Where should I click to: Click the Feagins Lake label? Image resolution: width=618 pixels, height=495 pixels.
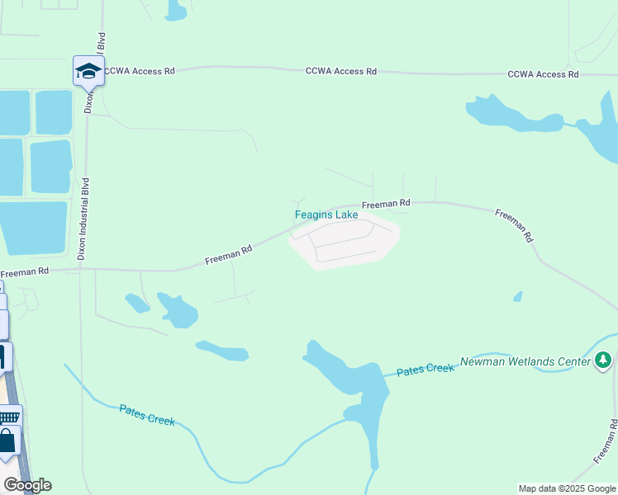coord(326,215)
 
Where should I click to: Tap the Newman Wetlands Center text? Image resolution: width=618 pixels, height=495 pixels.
coord(525,361)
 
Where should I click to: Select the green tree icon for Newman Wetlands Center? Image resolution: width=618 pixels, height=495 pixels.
coord(604,361)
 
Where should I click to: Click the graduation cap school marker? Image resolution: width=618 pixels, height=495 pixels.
coord(88,72)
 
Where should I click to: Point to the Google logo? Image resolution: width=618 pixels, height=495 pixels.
coord(27,485)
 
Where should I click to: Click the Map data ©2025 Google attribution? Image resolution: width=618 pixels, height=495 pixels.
coord(568,488)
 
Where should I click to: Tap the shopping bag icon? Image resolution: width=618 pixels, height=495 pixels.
coord(7,439)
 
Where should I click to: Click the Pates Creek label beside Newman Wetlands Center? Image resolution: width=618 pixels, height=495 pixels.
coord(425,370)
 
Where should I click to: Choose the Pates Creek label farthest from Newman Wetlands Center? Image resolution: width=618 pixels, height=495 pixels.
coord(147,414)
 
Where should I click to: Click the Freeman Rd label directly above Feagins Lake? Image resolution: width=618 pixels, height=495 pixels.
coord(386,203)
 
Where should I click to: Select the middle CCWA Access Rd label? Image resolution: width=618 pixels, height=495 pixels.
coord(340,72)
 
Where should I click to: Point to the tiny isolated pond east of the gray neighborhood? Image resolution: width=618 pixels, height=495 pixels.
coord(518,296)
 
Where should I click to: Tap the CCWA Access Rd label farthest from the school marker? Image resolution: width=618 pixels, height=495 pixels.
coord(543,74)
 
